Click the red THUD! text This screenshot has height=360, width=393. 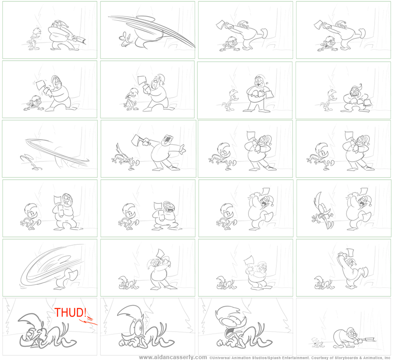(71, 312)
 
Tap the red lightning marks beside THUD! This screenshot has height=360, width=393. (88, 321)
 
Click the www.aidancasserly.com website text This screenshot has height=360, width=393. (173, 357)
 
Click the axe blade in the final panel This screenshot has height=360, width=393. (369, 340)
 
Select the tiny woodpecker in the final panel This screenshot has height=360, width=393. (317, 343)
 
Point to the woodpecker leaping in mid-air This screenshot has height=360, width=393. (323, 211)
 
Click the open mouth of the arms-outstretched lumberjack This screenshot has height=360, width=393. (166, 139)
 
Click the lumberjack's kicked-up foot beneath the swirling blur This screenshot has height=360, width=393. (68, 274)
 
